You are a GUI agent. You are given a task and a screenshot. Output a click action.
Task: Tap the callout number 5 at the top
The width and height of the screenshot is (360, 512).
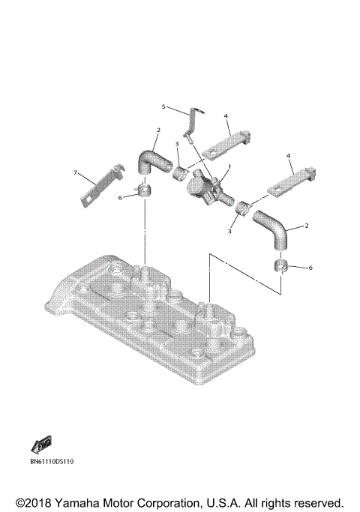click(163, 107)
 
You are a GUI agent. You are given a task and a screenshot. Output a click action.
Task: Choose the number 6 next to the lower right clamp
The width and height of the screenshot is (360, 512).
click(310, 268)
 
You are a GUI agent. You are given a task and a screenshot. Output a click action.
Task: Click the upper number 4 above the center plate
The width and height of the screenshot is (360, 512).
click(225, 115)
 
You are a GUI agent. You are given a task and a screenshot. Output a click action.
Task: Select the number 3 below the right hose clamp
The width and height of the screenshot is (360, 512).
click(230, 232)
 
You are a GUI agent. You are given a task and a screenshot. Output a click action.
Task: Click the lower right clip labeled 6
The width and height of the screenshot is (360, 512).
click(283, 268)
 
